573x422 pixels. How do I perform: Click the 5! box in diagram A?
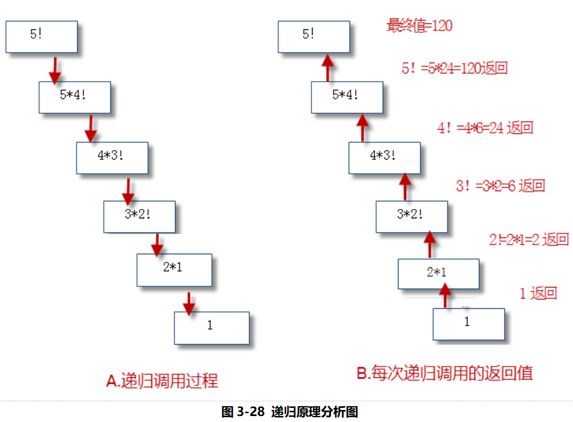click(41, 36)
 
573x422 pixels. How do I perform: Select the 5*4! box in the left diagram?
click(74, 97)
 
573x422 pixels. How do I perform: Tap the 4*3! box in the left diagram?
click(112, 158)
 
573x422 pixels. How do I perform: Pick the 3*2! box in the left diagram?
click(140, 216)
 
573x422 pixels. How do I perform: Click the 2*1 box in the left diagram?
click(174, 270)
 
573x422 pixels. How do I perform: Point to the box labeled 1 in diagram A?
click(211, 328)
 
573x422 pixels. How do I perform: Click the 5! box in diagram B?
click(314, 36)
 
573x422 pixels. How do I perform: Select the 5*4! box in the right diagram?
click(347, 97)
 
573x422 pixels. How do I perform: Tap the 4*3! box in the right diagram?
click(384, 158)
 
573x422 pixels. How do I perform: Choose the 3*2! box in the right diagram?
click(412, 216)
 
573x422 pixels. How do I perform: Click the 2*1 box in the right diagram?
click(438, 274)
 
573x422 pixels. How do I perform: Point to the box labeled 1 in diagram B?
click(469, 324)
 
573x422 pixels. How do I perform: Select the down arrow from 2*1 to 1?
click(188, 303)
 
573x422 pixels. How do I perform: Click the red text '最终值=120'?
click(419, 25)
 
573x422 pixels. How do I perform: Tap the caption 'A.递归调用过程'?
click(162, 380)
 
